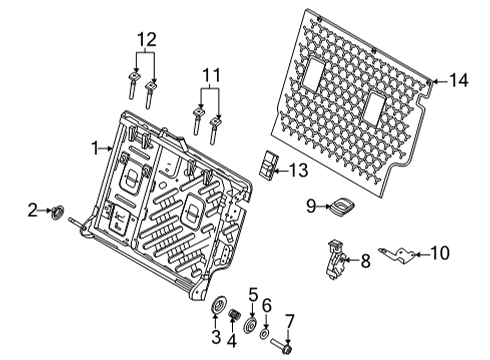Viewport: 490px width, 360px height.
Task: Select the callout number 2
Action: click(33, 210)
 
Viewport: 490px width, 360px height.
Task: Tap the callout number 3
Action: click(216, 334)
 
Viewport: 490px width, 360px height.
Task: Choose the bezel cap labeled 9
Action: click(343, 206)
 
